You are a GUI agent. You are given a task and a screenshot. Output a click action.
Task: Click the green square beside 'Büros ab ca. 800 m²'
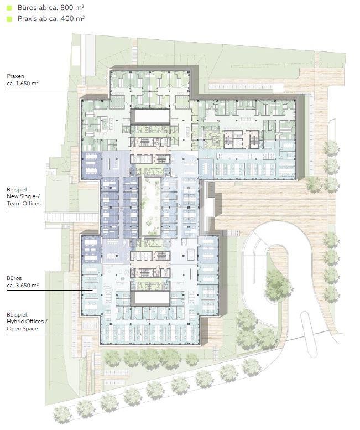coord(9,8)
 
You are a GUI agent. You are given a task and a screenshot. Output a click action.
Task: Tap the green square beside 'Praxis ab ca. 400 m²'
coord(9,19)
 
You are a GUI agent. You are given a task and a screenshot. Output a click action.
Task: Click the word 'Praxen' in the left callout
coord(15,76)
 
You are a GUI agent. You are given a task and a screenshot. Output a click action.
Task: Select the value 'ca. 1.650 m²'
coord(23,84)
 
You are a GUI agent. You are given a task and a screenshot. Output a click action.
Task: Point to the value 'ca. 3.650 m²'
coord(23,285)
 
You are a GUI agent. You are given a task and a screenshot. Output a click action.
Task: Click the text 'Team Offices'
coord(24,204)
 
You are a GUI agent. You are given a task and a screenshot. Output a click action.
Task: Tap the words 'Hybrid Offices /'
coord(27,322)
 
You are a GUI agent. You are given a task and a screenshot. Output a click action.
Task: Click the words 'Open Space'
coord(22,329)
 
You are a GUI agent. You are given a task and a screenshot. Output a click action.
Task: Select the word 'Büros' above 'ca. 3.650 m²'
coord(14,278)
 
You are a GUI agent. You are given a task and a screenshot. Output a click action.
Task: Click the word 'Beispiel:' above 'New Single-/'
coord(18,189)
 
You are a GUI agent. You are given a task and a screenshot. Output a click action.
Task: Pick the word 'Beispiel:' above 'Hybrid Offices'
coord(18,314)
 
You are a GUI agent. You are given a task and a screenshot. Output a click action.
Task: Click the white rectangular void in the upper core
coord(150,117)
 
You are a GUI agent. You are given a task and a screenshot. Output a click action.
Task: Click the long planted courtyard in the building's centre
coord(150,206)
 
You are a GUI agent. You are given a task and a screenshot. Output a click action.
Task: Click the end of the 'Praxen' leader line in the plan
coord(130,89)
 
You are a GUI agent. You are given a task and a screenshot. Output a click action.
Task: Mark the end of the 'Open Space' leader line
coord(141,334)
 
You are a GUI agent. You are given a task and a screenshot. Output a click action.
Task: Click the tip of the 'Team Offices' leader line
coord(122,209)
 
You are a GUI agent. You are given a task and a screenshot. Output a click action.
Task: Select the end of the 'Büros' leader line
coord(92,290)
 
